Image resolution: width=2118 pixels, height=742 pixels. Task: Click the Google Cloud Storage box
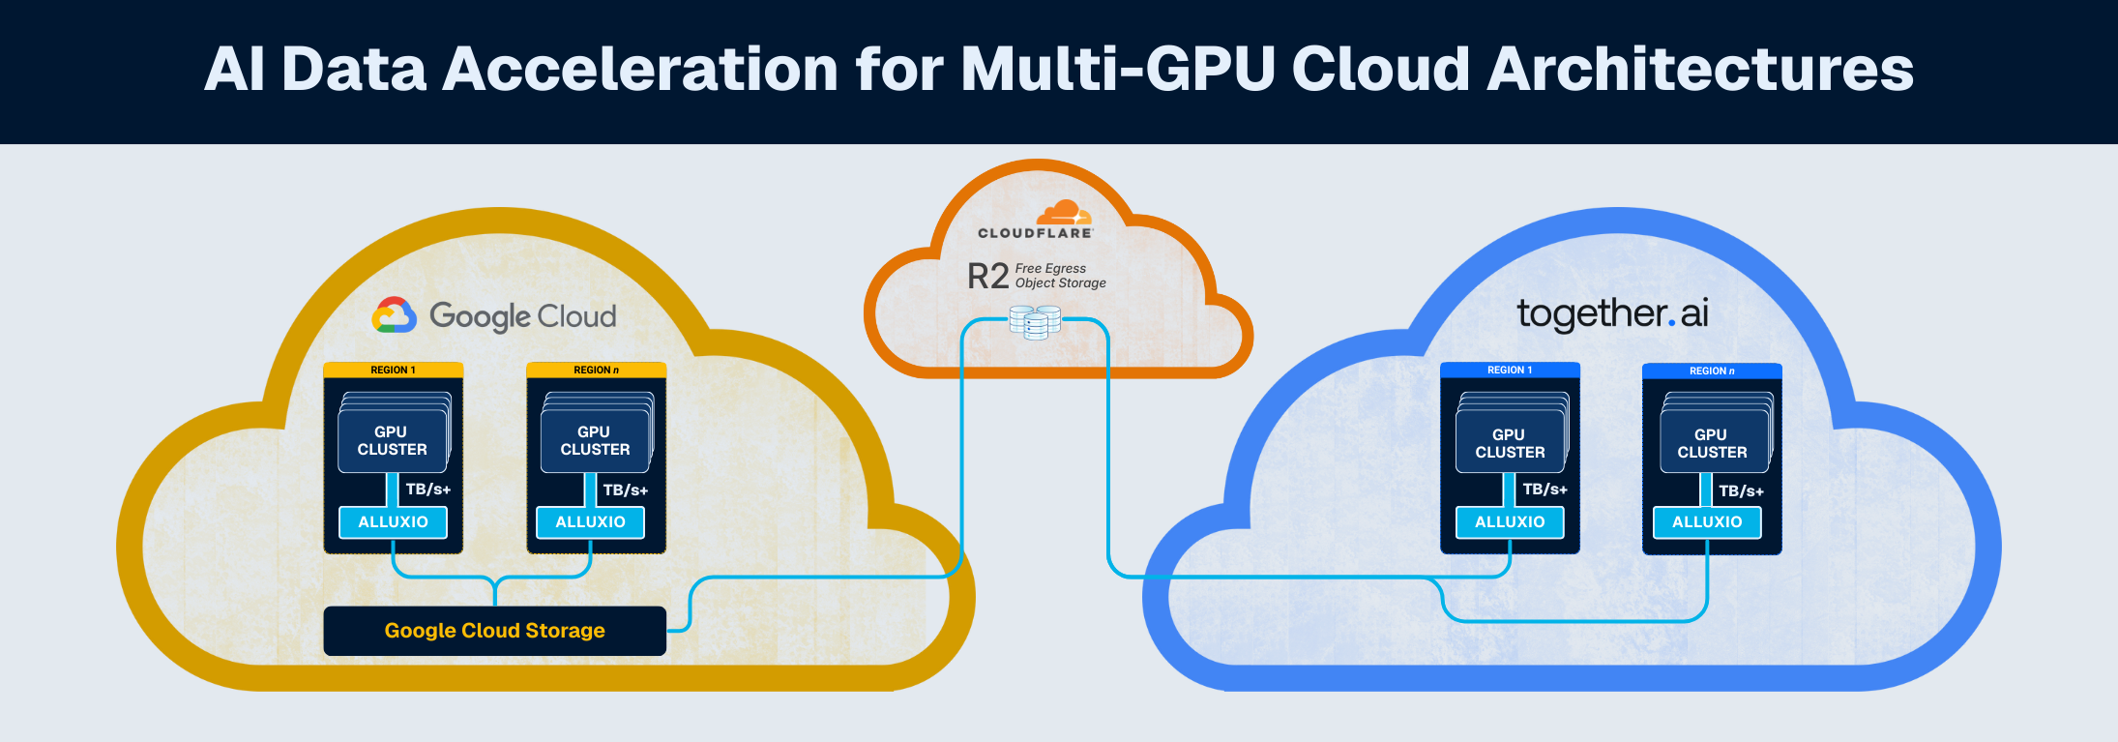click(494, 631)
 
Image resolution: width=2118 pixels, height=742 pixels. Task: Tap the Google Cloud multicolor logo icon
click(395, 315)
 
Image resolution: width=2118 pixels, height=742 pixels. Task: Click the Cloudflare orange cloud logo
click(1064, 212)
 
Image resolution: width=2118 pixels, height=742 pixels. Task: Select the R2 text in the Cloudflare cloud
click(987, 277)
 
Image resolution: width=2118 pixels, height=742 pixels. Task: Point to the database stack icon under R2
click(1035, 321)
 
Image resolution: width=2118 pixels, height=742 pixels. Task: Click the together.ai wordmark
click(1612, 313)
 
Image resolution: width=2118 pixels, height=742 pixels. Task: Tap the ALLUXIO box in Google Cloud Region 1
click(393, 522)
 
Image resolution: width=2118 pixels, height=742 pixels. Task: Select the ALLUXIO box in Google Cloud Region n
click(590, 522)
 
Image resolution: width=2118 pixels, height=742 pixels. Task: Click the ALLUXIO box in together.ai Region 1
click(1510, 522)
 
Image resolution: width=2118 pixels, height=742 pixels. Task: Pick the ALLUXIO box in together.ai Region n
click(1707, 522)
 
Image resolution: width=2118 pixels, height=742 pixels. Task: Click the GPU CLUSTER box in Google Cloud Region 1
click(392, 441)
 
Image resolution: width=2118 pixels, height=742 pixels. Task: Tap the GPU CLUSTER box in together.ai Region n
click(1712, 444)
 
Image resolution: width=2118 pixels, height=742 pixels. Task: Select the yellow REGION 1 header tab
click(393, 370)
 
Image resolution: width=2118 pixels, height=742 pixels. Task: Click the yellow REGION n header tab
click(596, 370)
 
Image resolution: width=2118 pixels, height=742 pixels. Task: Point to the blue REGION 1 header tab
click(1510, 370)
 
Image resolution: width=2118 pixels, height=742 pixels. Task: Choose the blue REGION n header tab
click(1712, 371)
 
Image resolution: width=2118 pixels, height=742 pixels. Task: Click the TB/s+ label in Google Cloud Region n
click(626, 490)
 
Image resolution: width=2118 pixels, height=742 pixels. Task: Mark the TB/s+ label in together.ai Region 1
click(1544, 490)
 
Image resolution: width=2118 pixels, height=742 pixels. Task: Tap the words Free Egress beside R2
click(1050, 268)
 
